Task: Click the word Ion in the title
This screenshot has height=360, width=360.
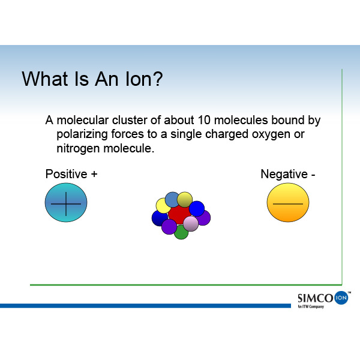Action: [137, 79]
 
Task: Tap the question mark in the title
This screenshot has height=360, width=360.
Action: [157, 79]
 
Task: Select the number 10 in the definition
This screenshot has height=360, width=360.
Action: [204, 120]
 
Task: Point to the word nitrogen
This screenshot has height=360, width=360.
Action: [78, 149]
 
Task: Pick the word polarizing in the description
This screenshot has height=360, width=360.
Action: [82, 135]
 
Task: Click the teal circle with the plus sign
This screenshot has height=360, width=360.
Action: [66, 203]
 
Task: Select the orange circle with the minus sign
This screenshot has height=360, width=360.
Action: [288, 203]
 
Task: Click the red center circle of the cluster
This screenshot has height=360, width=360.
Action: [179, 214]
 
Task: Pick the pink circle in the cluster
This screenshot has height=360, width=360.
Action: [191, 224]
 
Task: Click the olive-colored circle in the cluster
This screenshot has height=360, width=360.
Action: [185, 200]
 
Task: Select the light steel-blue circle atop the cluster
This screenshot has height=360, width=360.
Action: [172, 200]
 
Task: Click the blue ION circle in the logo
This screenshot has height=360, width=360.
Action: [341, 298]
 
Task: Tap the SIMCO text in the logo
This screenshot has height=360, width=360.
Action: [316, 298]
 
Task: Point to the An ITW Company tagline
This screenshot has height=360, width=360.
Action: [311, 307]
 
